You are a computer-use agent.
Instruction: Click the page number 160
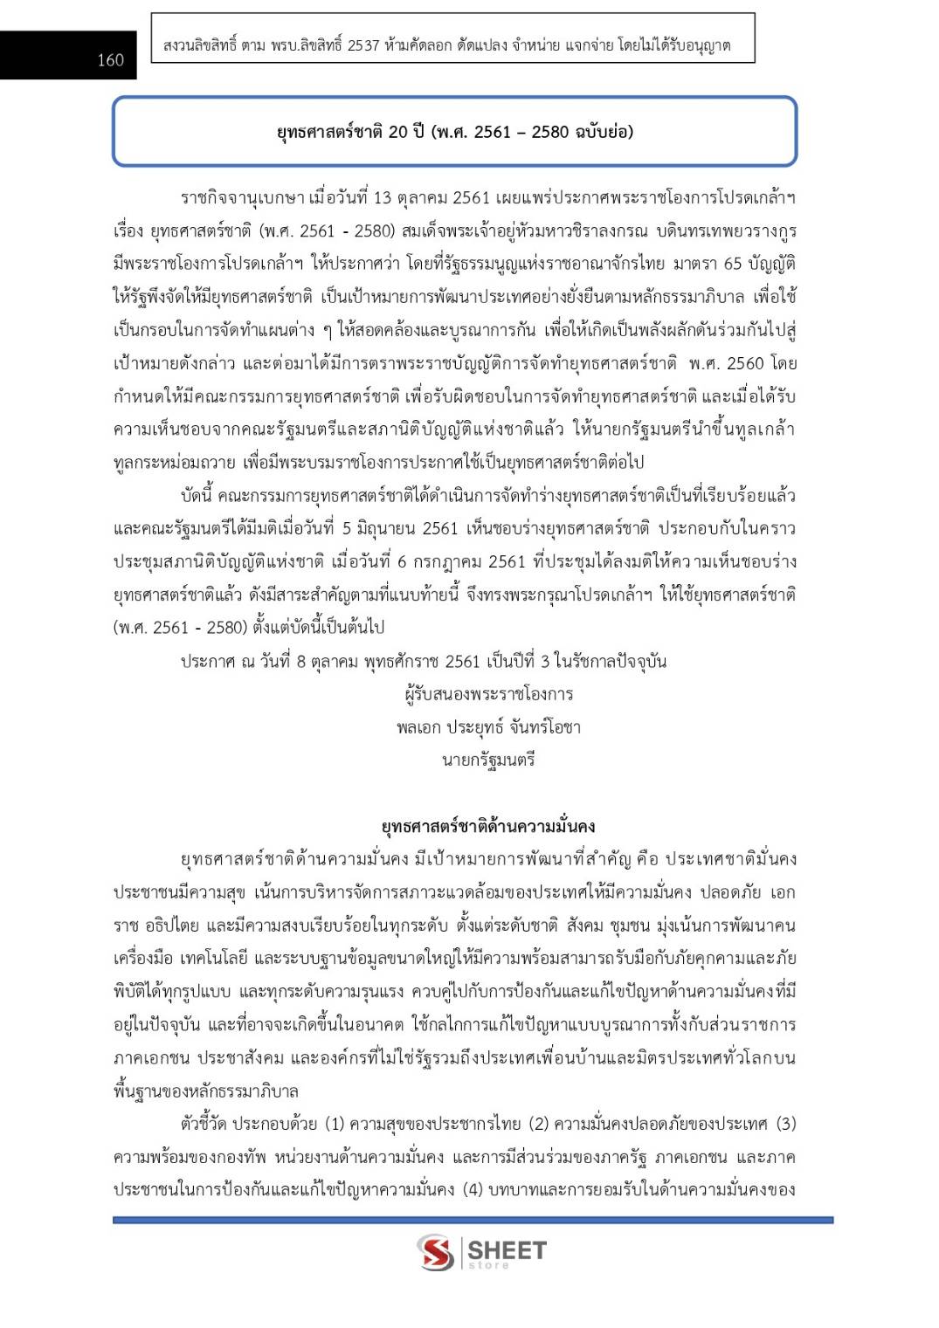pyautogui.click(x=111, y=59)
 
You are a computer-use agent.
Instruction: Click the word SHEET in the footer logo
pyautogui.click(x=507, y=1249)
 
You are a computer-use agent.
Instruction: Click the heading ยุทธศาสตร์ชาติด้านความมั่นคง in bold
pyautogui.click(x=488, y=826)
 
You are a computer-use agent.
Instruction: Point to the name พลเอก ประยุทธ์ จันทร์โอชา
pyautogui.click(x=488, y=727)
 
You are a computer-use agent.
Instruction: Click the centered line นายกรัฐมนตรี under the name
pyautogui.click(x=488, y=760)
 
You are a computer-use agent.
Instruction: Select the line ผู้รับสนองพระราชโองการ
pyautogui.click(x=488, y=694)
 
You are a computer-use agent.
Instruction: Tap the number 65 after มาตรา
pyautogui.click(x=732, y=264)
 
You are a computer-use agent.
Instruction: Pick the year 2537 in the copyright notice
pyautogui.click(x=363, y=45)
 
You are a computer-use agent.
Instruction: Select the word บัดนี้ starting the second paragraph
pyautogui.click(x=197, y=496)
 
